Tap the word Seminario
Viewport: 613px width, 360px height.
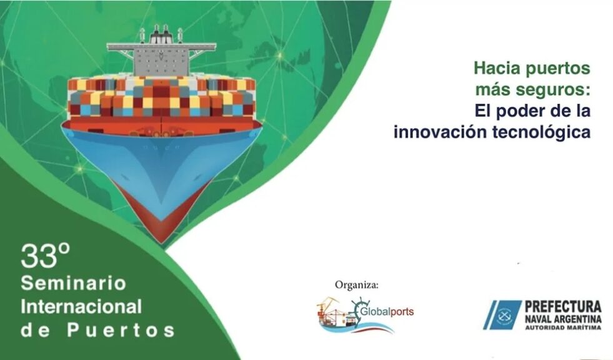click(74, 283)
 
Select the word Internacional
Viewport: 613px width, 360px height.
click(81, 306)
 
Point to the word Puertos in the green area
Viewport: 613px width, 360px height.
click(121, 330)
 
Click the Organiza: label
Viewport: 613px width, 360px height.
click(357, 285)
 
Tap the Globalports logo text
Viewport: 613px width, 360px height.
click(386, 312)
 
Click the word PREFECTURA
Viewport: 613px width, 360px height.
click(563, 306)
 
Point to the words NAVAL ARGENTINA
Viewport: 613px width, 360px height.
click(563, 319)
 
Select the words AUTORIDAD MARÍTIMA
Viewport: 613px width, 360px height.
click(563, 327)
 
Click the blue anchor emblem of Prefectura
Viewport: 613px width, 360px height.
click(503, 314)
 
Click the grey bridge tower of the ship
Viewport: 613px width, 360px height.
click(161, 61)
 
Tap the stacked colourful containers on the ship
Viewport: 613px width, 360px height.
click(161, 97)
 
